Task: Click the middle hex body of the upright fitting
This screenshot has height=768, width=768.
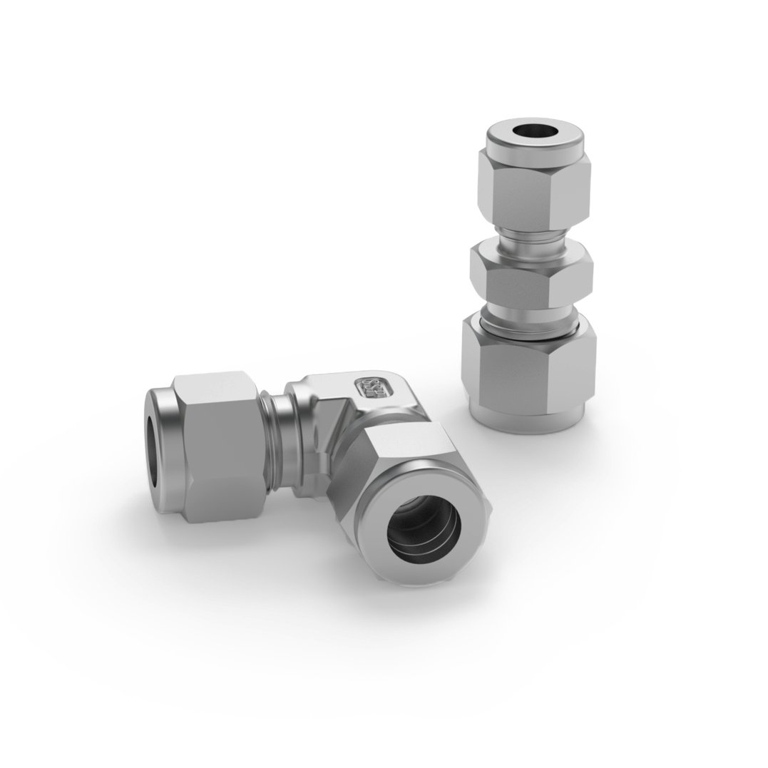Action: tap(530, 275)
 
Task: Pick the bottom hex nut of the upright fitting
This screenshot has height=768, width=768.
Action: tap(528, 371)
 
